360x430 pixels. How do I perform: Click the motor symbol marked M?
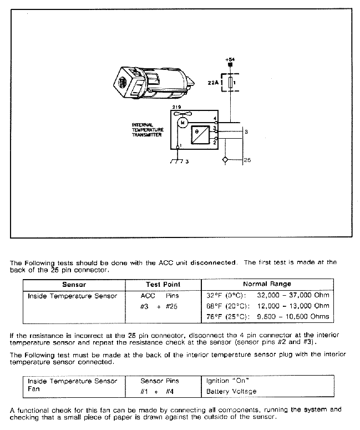coord(182,123)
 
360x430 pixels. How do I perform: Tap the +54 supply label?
coord(230,59)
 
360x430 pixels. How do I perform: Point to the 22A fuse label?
coord(213,82)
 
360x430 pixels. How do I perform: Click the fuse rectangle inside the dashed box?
coord(231,83)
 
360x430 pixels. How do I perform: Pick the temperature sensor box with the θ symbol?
coord(200,135)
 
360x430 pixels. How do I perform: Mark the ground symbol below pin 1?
coord(177,161)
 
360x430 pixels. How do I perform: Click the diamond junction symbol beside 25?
coord(225,160)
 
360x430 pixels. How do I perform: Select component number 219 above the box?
coord(176,107)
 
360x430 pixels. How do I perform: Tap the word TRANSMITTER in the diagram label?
coord(146,135)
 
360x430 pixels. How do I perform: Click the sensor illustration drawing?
coord(154,83)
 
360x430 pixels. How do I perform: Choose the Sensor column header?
coord(74,285)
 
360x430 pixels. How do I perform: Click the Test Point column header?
coord(163,285)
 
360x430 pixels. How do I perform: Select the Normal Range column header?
coord(267,284)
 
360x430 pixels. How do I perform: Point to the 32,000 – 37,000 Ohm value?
coord(293,295)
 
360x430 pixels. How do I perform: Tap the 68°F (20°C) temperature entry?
coord(228,306)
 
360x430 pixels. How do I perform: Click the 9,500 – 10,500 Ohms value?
coord(293,316)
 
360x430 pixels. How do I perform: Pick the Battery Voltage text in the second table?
coord(231,391)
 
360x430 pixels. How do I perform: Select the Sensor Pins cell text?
coord(160,381)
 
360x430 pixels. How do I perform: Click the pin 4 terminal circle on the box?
coord(216,122)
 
